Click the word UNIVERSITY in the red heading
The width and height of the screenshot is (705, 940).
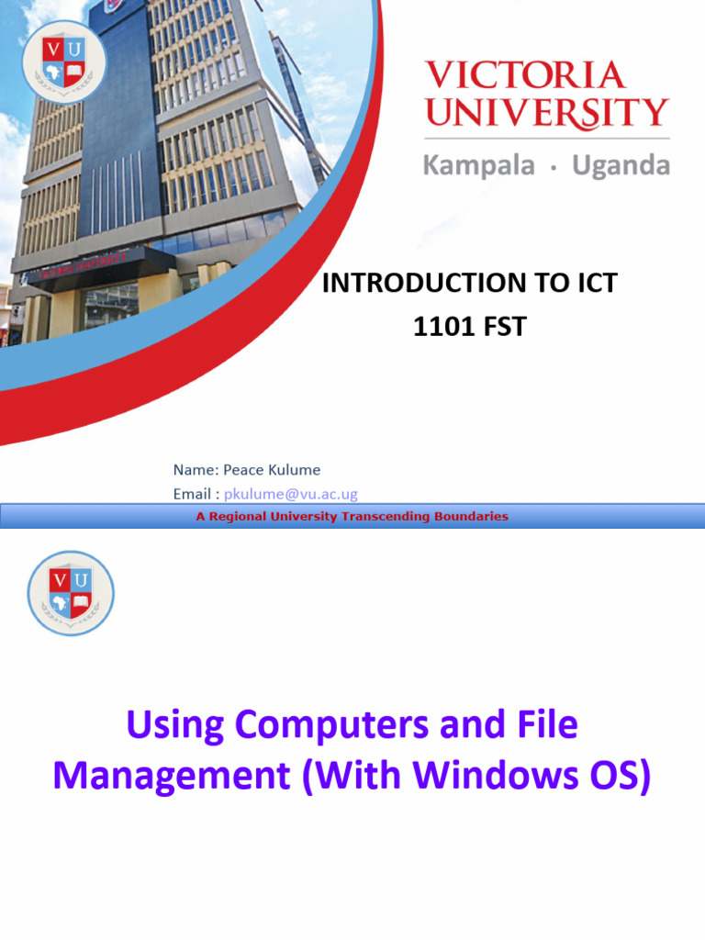click(x=547, y=113)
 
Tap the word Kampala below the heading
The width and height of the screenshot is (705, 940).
click(x=478, y=166)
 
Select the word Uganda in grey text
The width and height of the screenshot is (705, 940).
click(x=621, y=166)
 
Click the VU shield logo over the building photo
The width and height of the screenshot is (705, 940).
click(x=64, y=62)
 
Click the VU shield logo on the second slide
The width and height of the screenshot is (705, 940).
click(x=71, y=593)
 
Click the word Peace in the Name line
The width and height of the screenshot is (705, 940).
click(x=241, y=470)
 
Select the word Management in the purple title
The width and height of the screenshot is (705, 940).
click(x=171, y=776)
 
